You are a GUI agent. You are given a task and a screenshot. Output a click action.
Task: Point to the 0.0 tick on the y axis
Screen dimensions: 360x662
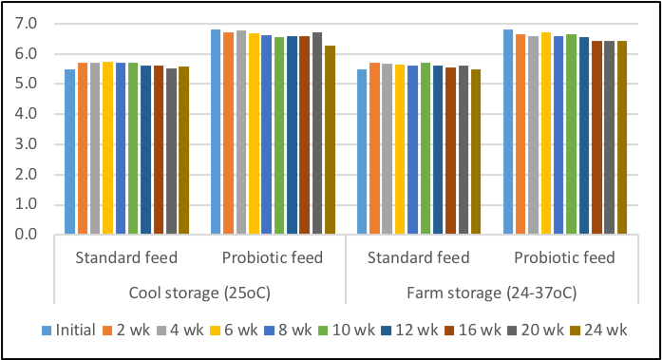tap(27, 235)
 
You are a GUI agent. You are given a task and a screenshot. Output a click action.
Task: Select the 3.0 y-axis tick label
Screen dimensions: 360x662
tap(27, 143)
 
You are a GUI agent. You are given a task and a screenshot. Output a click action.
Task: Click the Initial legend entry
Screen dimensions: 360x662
tap(72, 331)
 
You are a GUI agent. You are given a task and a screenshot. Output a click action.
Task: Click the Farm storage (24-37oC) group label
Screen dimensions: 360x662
tap(492, 290)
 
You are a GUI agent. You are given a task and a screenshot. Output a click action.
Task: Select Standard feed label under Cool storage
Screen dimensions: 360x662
tap(126, 257)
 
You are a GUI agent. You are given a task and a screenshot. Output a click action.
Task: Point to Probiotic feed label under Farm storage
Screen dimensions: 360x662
tap(565, 257)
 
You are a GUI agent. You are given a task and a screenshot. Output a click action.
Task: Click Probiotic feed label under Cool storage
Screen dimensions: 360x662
tap(273, 257)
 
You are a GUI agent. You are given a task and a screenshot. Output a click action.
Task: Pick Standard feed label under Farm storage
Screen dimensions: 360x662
tap(419, 257)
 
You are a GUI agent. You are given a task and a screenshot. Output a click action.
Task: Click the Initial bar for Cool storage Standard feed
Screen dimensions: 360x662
tap(69, 152)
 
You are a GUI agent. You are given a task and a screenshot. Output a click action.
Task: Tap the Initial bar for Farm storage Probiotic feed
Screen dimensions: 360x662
tap(508, 132)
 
